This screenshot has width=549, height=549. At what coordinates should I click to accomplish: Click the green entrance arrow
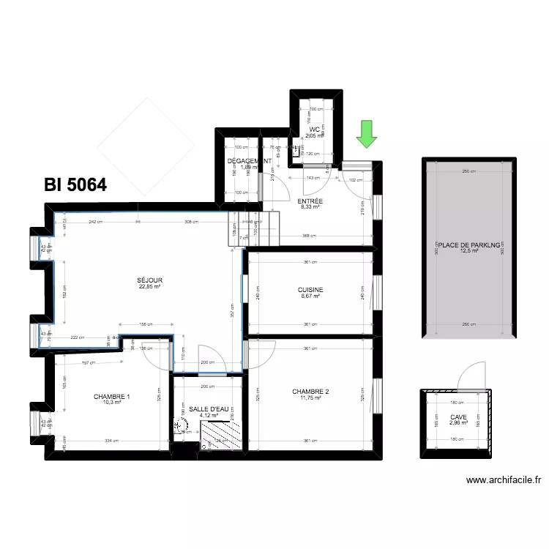pyautogui.click(x=366, y=134)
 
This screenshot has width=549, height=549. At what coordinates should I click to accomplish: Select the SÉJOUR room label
pyautogui.click(x=149, y=280)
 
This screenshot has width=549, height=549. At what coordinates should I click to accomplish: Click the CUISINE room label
pyautogui.click(x=310, y=290)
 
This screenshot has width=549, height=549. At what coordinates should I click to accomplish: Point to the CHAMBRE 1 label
pyautogui.click(x=112, y=397)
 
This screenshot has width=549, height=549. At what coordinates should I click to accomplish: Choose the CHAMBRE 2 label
pyautogui.click(x=310, y=392)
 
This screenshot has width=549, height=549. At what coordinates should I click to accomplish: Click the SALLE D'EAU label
pyautogui.click(x=209, y=409)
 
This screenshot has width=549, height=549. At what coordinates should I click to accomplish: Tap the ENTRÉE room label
pyautogui.click(x=310, y=201)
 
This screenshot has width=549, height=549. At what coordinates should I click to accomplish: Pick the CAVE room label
pyautogui.click(x=458, y=417)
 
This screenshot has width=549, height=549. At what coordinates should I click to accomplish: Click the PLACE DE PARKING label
pyautogui.click(x=468, y=244)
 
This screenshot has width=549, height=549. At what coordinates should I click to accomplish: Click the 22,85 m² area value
pyautogui.click(x=149, y=287)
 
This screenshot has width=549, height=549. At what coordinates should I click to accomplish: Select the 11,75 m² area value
pyautogui.click(x=310, y=398)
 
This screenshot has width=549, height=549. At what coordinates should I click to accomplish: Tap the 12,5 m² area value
pyautogui.click(x=468, y=251)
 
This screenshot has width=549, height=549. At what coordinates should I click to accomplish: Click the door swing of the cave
pyautogui.click(x=468, y=375)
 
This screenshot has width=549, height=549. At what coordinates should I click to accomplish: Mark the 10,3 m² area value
pyautogui.click(x=112, y=403)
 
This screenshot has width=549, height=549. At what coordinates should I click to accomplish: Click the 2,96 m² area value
pyautogui.click(x=458, y=423)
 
